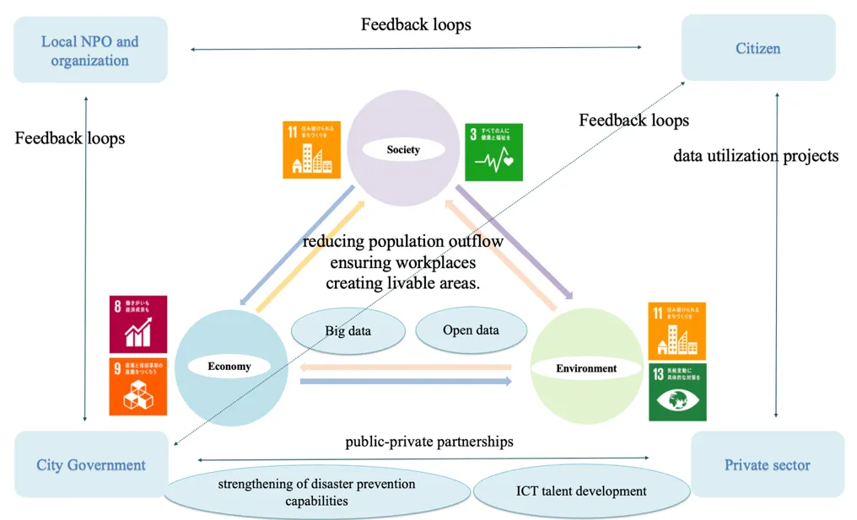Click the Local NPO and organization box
[x=90, y=50]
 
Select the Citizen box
[x=757, y=48]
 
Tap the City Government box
[x=91, y=464]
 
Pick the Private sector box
[x=767, y=464]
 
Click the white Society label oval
[x=403, y=150]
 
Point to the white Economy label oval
[x=229, y=367]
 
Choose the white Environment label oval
[x=586, y=368]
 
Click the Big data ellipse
[x=348, y=331]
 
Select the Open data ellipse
[x=471, y=330]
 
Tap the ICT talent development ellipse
[x=581, y=491]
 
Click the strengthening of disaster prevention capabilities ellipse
[x=316, y=492]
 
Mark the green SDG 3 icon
[x=493, y=153]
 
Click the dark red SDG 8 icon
[x=138, y=324]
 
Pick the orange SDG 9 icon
[x=138, y=386]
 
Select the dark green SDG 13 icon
[x=676, y=392]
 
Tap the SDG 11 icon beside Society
[x=311, y=149]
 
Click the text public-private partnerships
[x=428, y=442]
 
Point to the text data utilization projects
[x=756, y=155]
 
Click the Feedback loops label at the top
[x=416, y=24]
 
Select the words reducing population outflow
[x=403, y=242]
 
